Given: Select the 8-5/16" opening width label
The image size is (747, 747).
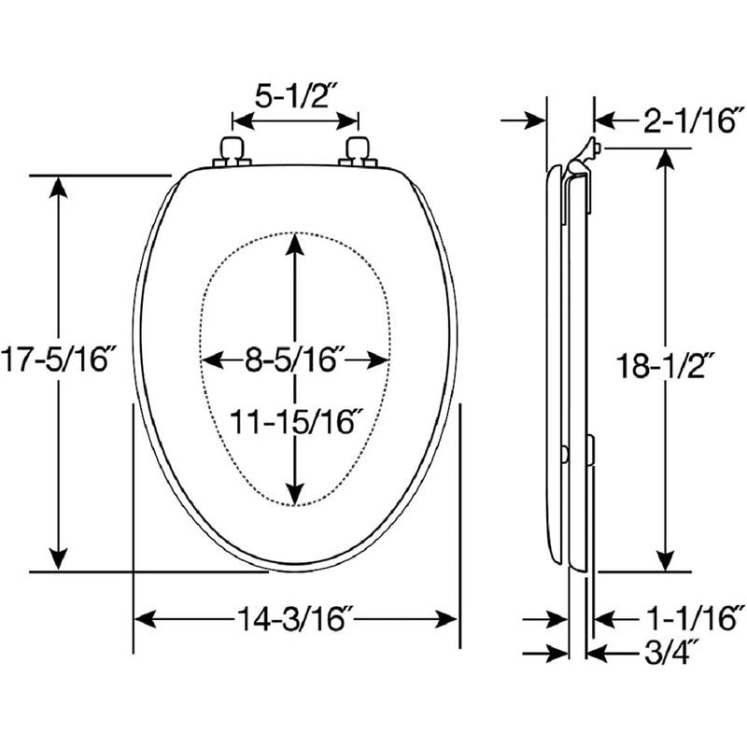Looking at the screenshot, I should pyautogui.click(x=295, y=360).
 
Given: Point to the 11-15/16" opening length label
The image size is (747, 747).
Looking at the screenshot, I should pyautogui.click(x=295, y=422).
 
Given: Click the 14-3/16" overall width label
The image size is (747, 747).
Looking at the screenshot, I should pyautogui.click(x=295, y=618).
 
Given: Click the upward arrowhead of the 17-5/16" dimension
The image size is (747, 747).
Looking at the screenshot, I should pyautogui.click(x=59, y=185).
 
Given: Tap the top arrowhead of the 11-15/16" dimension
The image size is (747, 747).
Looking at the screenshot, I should pyautogui.click(x=295, y=243).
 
